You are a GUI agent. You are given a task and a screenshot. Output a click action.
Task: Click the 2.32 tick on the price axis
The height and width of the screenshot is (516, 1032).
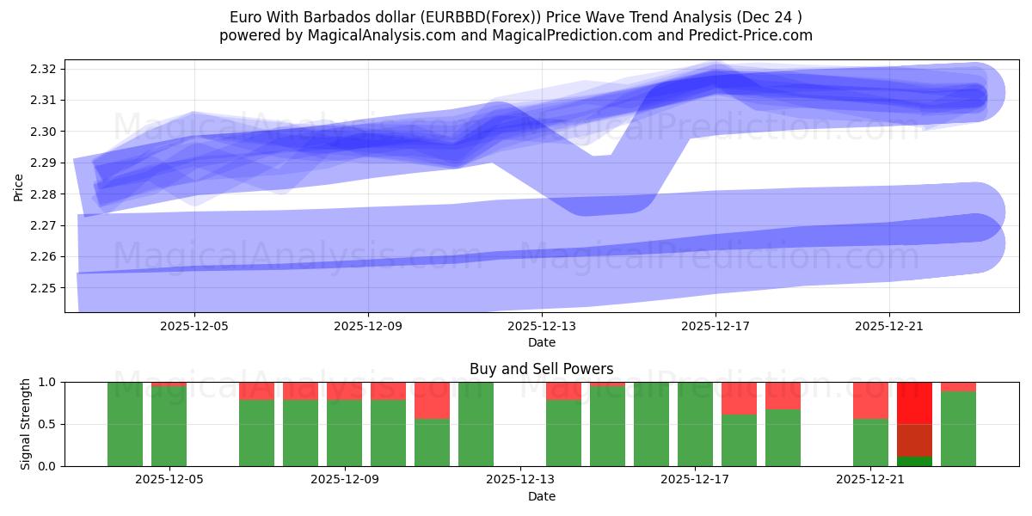point(48,69)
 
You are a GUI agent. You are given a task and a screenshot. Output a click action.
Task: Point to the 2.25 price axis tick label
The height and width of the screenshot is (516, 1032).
point(48,288)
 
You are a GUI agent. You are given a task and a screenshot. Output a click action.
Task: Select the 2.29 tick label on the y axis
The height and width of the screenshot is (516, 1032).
point(48,163)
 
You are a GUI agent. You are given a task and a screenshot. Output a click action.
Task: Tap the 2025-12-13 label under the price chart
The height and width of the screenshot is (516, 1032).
point(542,327)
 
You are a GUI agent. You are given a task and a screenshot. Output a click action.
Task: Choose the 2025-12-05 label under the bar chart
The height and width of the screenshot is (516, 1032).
point(169,480)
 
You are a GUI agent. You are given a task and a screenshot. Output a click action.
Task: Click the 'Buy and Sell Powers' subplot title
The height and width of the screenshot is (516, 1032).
point(542,369)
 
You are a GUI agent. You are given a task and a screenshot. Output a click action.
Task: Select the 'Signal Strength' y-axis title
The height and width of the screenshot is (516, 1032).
point(26,424)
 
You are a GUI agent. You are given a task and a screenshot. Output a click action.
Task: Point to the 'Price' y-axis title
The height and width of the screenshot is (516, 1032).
point(19,187)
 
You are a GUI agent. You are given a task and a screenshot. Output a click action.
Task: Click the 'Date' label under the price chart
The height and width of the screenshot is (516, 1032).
point(542,342)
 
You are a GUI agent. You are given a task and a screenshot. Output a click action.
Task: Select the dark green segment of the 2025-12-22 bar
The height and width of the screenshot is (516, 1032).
point(914,461)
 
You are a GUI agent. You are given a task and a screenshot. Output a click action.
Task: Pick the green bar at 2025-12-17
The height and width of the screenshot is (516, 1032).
point(696,424)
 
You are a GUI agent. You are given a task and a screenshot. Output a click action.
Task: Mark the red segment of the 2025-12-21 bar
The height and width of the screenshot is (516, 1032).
point(870,400)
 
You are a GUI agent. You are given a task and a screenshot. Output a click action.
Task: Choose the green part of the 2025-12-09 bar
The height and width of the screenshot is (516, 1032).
point(344,433)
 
